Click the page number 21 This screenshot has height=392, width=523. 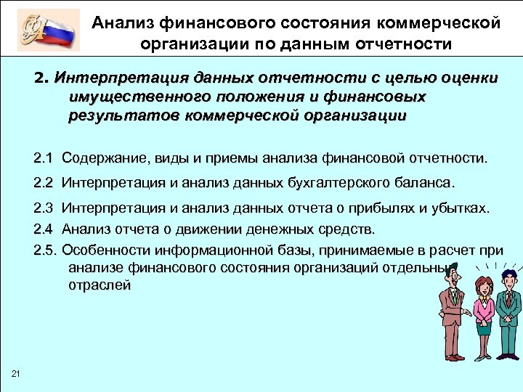(16, 373)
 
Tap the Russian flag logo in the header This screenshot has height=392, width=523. (49, 30)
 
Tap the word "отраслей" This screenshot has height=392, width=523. (100, 285)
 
